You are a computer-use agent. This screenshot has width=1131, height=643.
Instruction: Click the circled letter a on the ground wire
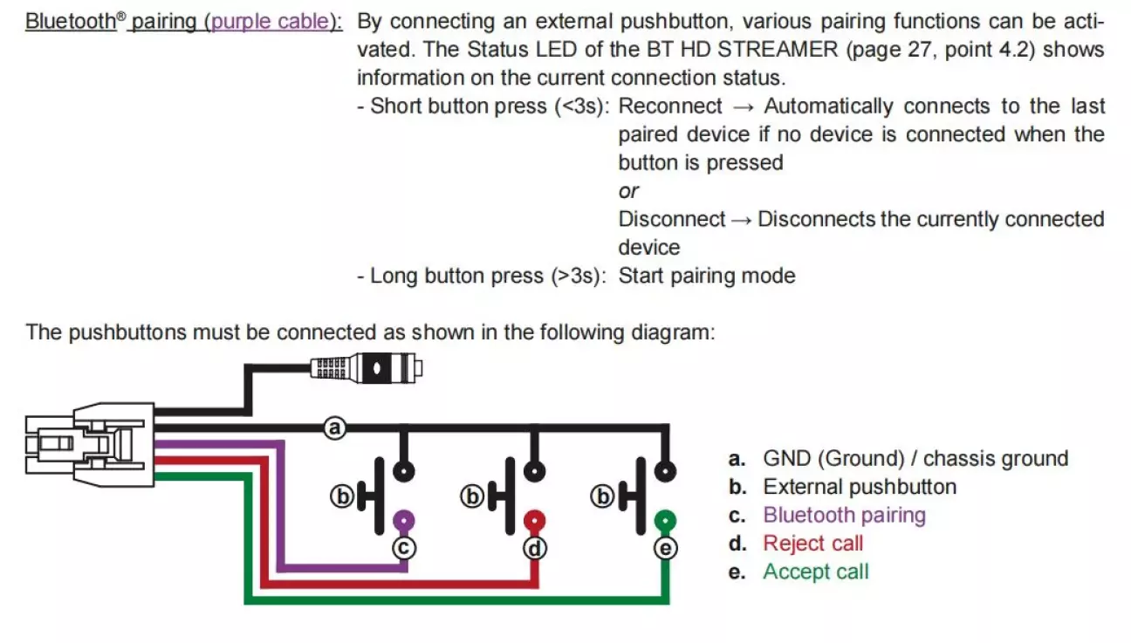pos(335,428)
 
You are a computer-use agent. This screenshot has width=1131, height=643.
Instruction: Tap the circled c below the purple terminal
pos(404,547)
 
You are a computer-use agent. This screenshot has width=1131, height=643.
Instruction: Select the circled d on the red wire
pos(535,548)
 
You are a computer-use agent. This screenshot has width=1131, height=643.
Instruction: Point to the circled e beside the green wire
pos(665,548)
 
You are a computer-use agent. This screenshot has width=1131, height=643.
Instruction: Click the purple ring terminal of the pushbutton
pos(403,522)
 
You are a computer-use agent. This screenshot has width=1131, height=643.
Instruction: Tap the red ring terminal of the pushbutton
pos(535,522)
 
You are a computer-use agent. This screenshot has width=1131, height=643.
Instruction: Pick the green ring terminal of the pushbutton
pos(665,522)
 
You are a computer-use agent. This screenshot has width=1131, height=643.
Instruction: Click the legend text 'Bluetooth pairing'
pos(844,515)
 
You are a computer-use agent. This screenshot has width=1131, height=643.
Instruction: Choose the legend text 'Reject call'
pos(812,544)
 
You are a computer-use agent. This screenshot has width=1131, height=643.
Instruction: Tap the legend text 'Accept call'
pos(816,571)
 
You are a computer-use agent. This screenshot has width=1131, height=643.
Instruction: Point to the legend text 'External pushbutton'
pos(860,487)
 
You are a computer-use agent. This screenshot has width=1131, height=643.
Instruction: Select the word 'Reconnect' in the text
pos(670,106)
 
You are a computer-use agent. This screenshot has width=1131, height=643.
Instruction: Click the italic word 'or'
pos(628,191)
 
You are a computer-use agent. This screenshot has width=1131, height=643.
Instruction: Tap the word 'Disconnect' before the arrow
pos(671,219)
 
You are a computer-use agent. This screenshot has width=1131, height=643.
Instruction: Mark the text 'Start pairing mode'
pos(707,276)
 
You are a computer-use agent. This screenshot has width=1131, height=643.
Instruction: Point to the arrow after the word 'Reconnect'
pos(744,106)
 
